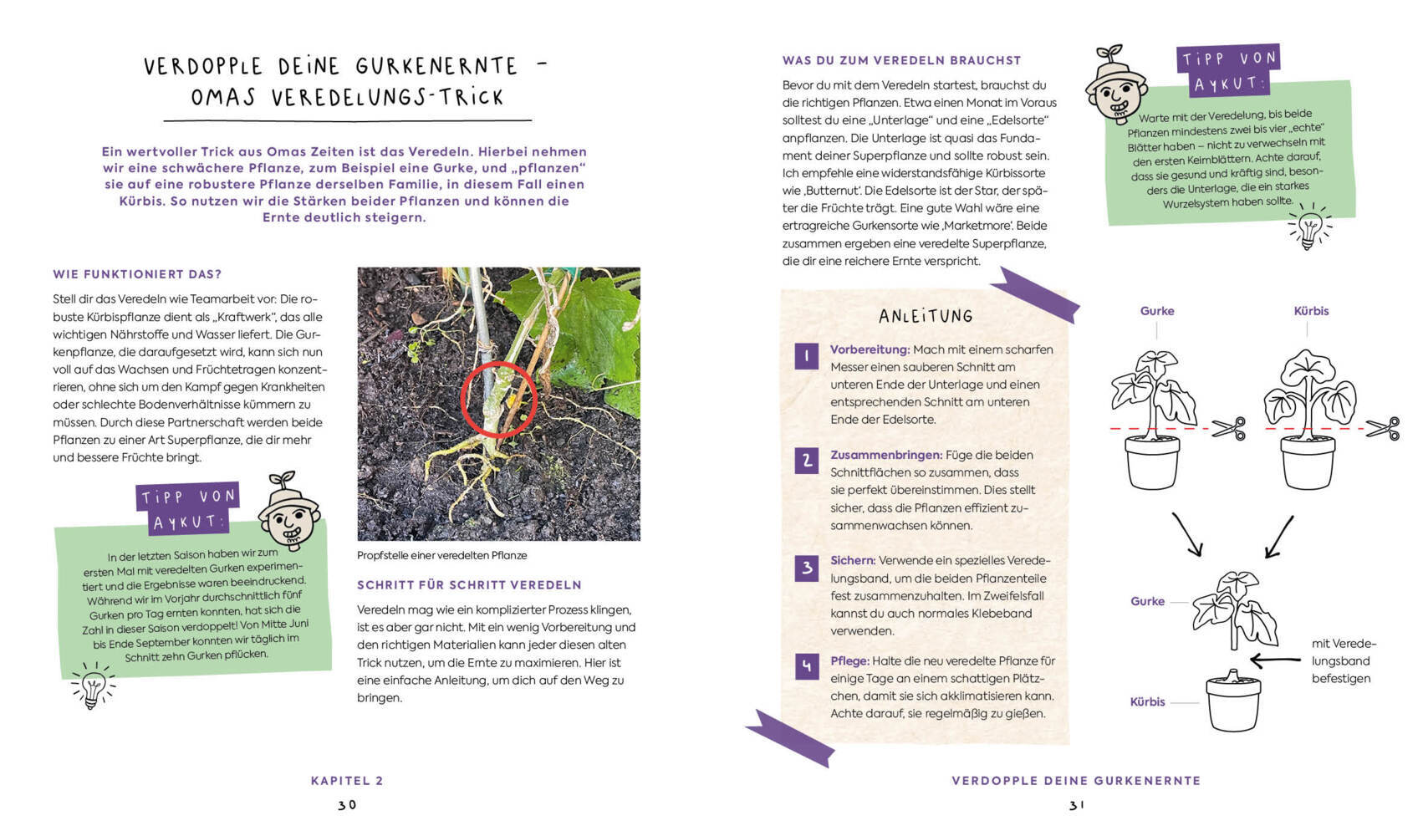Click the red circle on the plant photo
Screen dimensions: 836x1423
coord(499,400)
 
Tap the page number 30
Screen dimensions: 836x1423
coord(347,805)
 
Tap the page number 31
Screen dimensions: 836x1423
coord(1076,805)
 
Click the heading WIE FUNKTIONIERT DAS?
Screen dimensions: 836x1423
coord(137,274)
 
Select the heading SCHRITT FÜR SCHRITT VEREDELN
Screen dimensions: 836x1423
coord(469,585)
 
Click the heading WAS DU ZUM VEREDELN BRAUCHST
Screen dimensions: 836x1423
coord(901,60)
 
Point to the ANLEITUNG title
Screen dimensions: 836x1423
coord(926,316)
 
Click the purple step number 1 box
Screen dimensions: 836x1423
coord(806,356)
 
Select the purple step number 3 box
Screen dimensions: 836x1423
coord(806,568)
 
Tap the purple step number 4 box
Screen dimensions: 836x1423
coord(806,666)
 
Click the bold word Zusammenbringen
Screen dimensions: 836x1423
coord(885,455)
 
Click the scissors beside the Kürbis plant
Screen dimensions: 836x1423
coord(1382,429)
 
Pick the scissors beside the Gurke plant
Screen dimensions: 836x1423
coord(1228,429)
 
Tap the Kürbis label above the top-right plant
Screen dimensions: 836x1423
coord(1311,311)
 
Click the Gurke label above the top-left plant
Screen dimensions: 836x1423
coord(1157,311)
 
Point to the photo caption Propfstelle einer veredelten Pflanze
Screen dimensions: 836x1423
coord(441,555)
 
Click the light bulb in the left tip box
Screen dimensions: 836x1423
coord(93,686)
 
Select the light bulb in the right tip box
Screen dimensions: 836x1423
coord(1308,227)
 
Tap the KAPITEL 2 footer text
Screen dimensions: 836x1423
coord(347,781)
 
